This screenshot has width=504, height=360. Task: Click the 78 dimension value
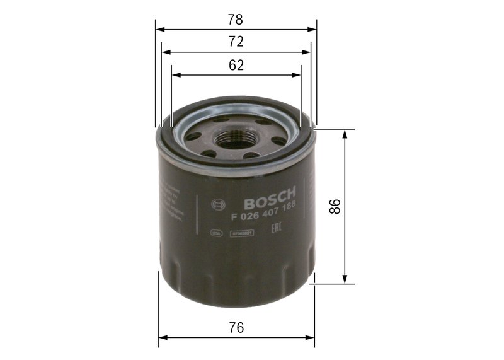pos(236,20)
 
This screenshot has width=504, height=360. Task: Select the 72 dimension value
pos(236,42)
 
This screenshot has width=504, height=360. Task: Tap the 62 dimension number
pos(236,65)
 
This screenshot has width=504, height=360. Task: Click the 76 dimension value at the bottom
pos(236,328)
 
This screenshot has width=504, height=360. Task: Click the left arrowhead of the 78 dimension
pos(159,28)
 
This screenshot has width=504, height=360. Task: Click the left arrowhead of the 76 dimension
pos(161,337)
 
